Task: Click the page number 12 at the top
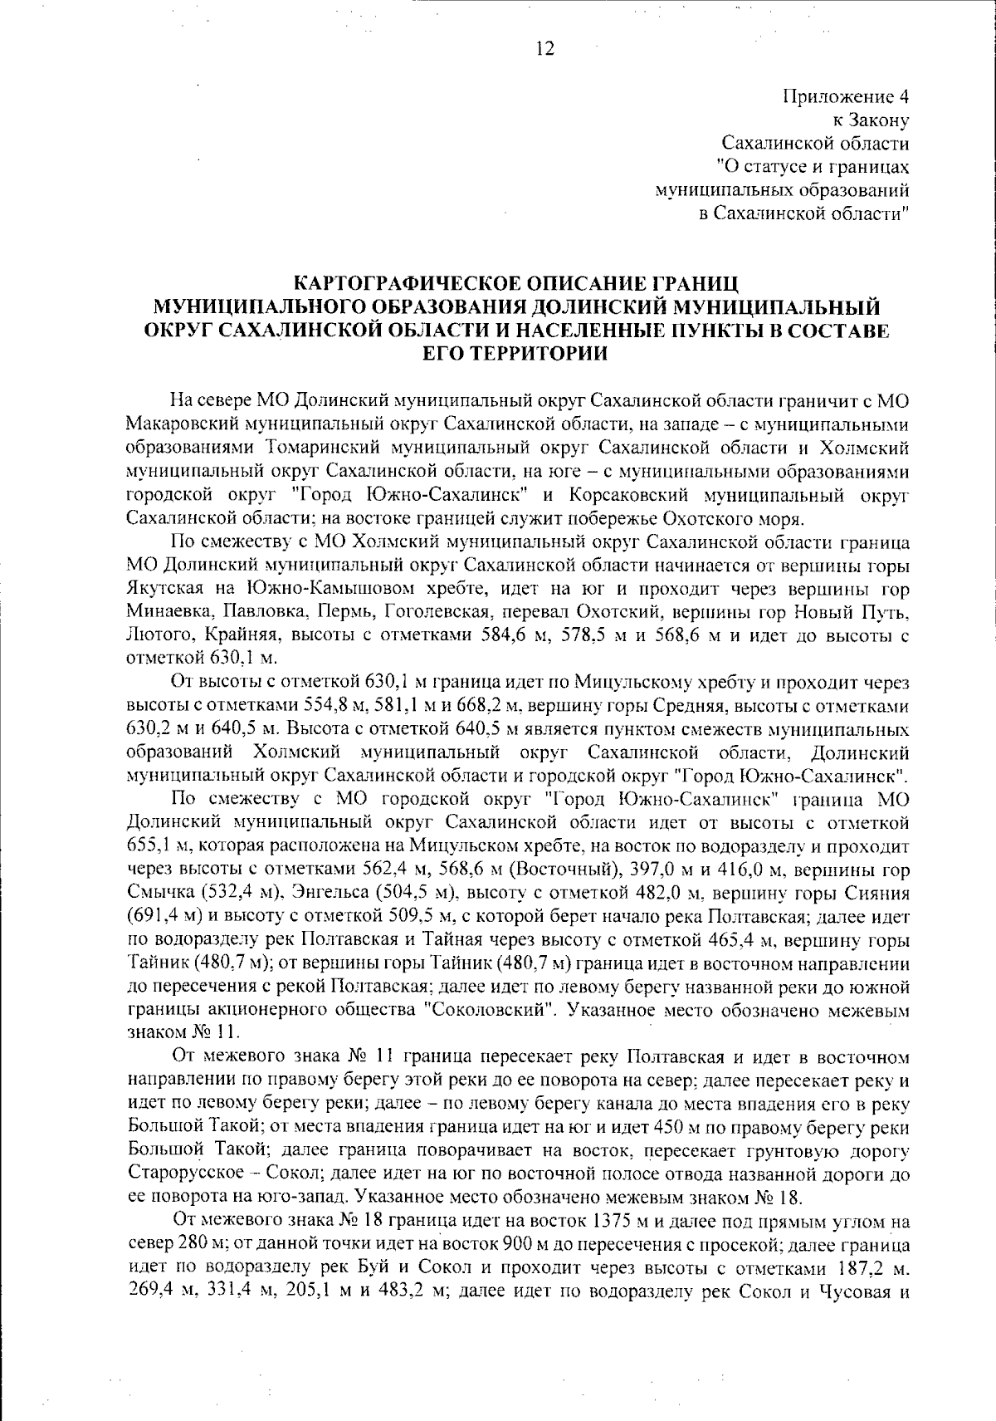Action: click(544, 48)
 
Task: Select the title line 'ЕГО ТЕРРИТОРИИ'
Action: click(515, 354)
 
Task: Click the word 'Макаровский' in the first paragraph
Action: click(181, 424)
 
